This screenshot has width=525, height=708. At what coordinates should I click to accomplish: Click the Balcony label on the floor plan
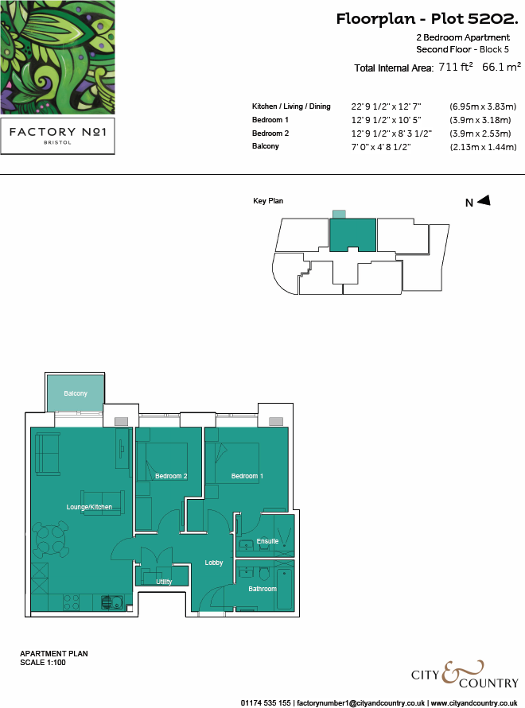pyautogui.click(x=76, y=393)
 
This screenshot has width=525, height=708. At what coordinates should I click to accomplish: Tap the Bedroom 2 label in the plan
pyautogui.click(x=171, y=476)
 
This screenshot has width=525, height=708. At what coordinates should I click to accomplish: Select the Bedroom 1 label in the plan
pyautogui.click(x=247, y=476)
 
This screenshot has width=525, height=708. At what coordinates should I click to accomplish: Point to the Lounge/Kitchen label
pyautogui.click(x=89, y=507)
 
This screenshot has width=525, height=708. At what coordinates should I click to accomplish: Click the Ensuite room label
pyautogui.click(x=268, y=541)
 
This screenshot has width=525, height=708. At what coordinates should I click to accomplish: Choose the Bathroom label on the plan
pyautogui.click(x=262, y=589)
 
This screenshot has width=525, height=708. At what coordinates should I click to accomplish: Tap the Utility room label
pyautogui.click(x=164, y=582)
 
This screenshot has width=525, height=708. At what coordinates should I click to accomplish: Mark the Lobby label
pyautogui.click(x=214, y=563)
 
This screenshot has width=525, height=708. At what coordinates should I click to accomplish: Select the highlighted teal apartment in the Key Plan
pyautogui.click(x=353, y=234)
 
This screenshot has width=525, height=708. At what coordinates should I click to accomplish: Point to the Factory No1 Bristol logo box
pyautogui.click(x=57, y=137)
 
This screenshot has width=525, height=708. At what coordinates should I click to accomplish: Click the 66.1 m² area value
pyautogui.click(x=501, y=68)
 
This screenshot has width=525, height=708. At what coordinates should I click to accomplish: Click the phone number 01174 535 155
pyautogui.click(x=266, y=703)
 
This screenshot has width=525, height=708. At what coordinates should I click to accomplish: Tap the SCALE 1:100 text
pyautogui.click(x=42, y=662)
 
